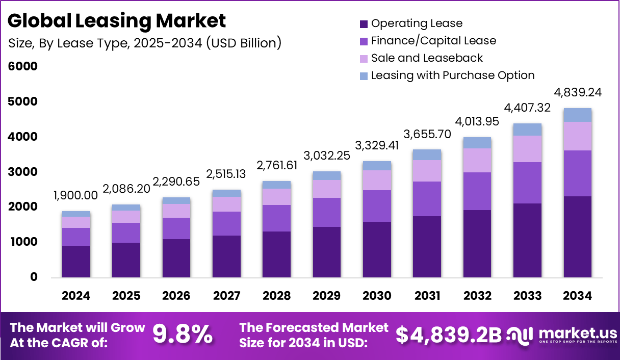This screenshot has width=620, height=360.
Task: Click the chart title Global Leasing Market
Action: pos(117,20)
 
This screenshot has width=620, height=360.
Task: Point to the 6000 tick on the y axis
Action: pos(22,66)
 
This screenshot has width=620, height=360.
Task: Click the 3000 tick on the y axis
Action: pos(22,172)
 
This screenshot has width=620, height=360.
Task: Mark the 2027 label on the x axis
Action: pos(226,296)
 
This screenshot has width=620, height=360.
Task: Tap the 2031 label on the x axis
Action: pos(427,296)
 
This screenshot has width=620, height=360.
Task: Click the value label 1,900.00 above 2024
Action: pos(76,196)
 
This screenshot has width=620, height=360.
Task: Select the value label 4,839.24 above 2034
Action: pos(577,92)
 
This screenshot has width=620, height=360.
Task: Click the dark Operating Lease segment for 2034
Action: pos(577,237)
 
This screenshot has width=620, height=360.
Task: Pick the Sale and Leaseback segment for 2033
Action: pos(527,149)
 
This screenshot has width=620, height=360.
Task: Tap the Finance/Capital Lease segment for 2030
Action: pos(377,206)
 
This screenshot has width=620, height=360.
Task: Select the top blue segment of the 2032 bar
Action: pos(477,143)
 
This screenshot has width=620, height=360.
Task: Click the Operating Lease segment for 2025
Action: pos(126,260)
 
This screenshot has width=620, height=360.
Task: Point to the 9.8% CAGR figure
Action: pos(183,335)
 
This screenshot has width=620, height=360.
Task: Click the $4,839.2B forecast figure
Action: pos(448,335)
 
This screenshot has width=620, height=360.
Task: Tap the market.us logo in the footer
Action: pos(561,335)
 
